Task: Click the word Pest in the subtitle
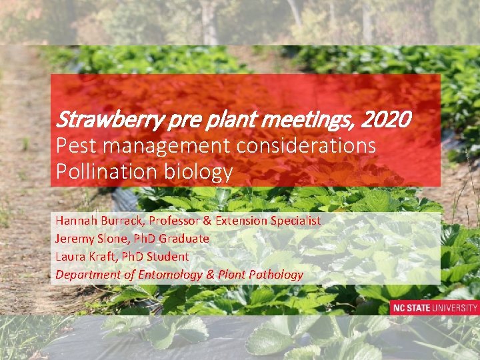click(x=73, y=146)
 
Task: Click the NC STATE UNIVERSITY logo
click(x=434, y=308)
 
